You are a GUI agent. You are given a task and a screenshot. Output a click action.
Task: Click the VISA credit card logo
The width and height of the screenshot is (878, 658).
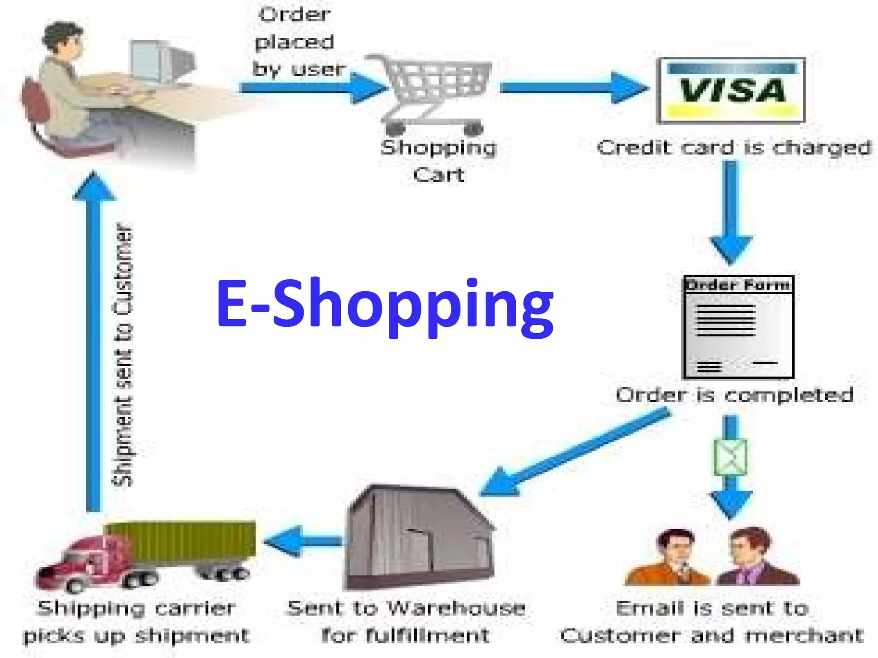point(731,90)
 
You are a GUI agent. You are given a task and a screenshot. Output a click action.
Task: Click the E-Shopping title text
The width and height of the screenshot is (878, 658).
point(385,305)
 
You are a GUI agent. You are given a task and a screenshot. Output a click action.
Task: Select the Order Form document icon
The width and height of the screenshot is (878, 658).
point(738,327)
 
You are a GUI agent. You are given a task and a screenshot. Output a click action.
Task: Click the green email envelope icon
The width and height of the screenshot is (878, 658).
point(730,457)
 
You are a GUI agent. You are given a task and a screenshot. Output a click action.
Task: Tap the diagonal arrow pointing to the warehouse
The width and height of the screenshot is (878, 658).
point(574,452)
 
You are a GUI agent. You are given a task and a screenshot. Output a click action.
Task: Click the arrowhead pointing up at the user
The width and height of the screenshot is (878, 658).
point(94,186)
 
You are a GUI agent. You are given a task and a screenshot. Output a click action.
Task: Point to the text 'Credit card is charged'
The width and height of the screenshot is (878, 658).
point(734,148)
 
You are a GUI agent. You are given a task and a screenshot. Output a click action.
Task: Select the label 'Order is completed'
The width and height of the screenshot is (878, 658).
point(734,395)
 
